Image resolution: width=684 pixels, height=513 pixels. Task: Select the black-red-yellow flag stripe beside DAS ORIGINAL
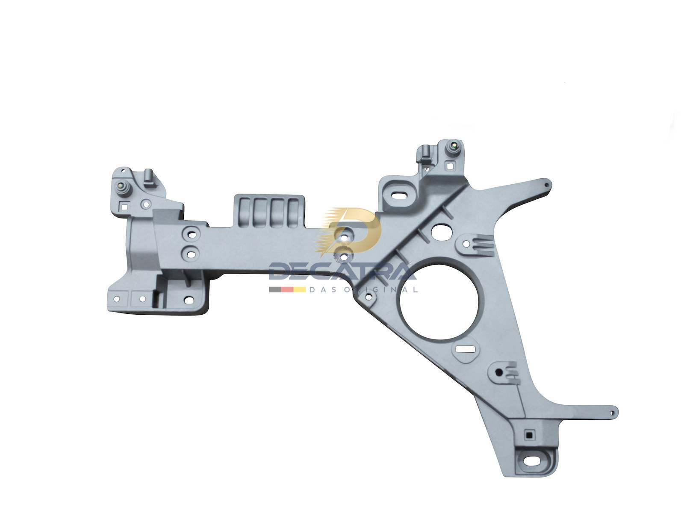click(287, 289)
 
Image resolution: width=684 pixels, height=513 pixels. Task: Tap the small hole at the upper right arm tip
click(545, 184)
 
